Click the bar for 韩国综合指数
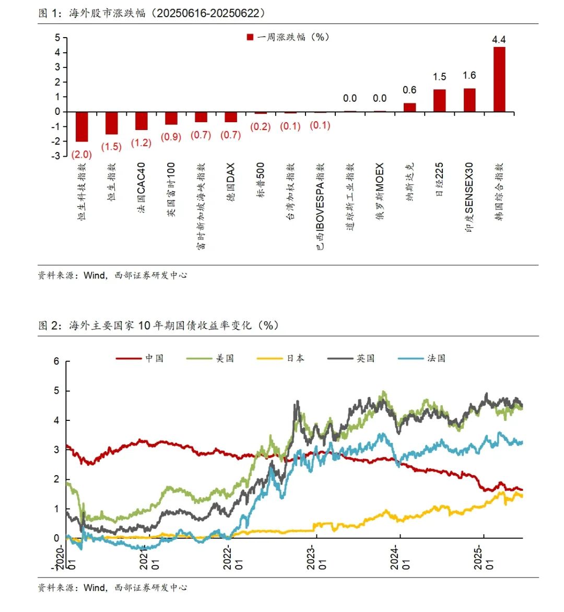pos(499,79)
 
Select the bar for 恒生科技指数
pos(82,127)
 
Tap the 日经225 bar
pos(439,101)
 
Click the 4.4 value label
pos(499,40)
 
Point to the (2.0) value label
pos(82,155)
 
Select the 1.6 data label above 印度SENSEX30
pos(469,76)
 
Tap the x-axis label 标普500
pos(261,180)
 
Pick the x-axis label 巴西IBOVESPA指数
pos(320,206)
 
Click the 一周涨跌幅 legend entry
pos(288,37)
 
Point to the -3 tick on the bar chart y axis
pos(56,156)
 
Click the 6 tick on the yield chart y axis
pos(56,361)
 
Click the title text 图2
pos(51,325)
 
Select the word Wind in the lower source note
pos(95,587)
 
